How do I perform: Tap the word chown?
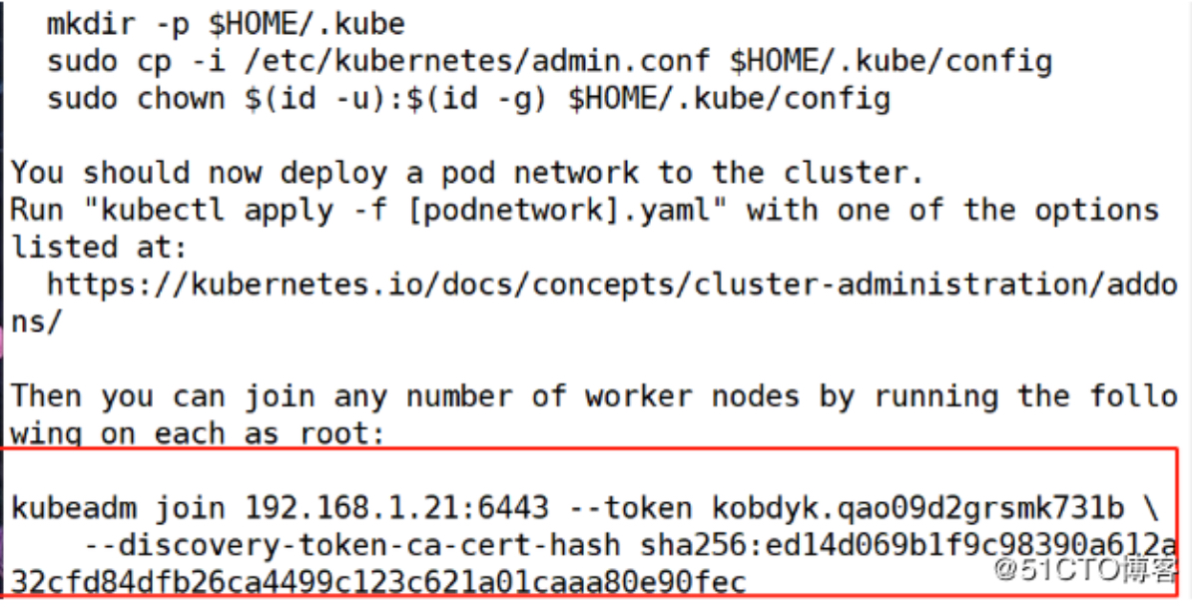tap(181, 99)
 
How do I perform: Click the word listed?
tap(64, 247)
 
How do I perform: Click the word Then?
tap(46, 396)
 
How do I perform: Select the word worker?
tap(638, 396)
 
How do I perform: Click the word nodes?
tap(755, 396)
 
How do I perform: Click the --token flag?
tap(629, 508)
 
